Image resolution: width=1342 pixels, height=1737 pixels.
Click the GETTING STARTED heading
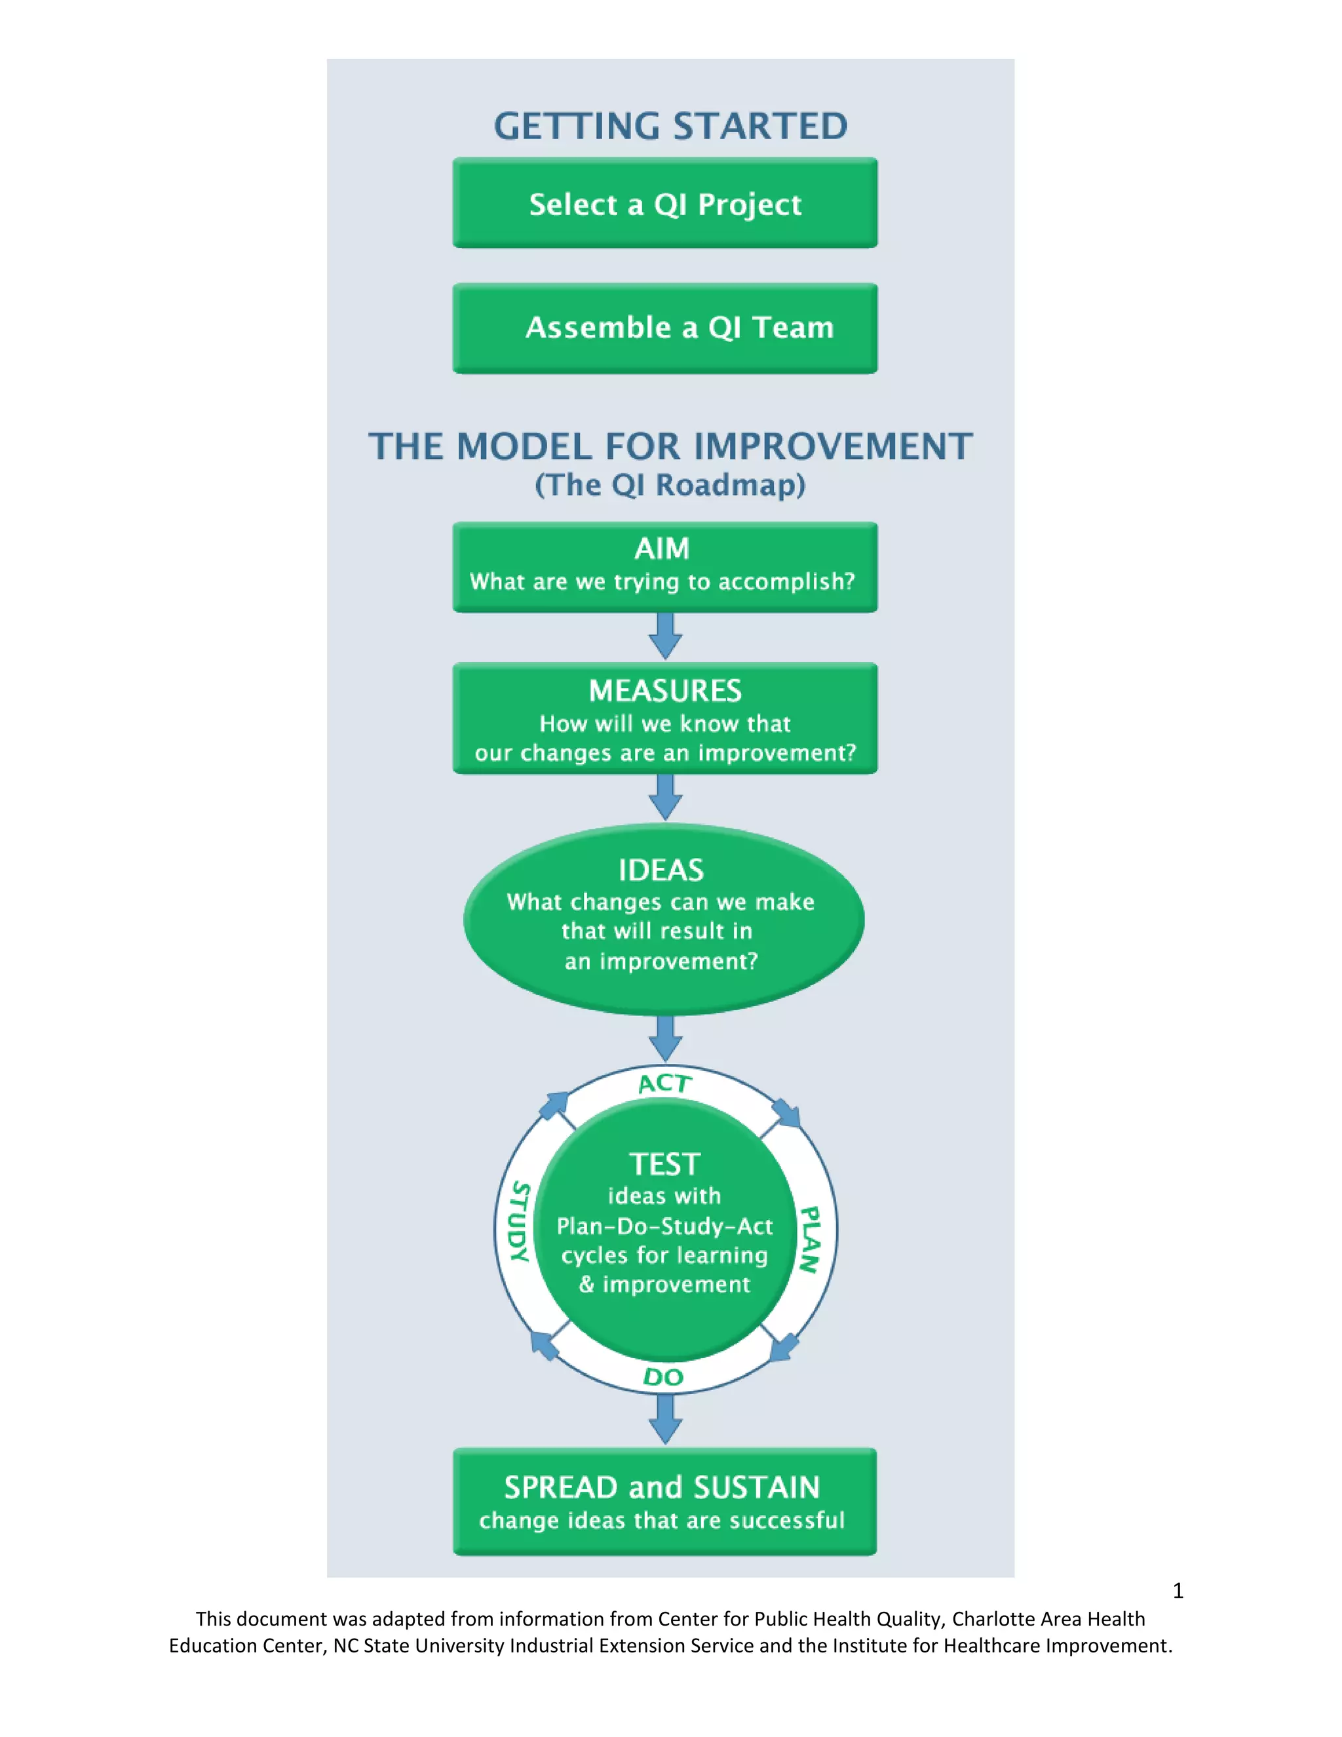point(670,127)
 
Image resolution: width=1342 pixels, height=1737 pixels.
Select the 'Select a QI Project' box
point(664,204)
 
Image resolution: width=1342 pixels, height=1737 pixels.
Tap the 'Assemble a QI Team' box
point(664,328)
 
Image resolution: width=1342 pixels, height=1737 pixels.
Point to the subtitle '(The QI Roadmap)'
point(670,484)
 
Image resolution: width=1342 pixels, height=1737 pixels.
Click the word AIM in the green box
point(661,549)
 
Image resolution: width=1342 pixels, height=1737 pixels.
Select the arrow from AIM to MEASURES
point(666,635)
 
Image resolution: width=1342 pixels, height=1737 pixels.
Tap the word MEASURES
point(664,690)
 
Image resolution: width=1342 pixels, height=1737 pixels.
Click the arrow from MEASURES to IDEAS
point(666,797)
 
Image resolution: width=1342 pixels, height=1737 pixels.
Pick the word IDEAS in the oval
point(661,870)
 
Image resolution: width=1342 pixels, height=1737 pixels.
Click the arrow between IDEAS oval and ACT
point(666,1037)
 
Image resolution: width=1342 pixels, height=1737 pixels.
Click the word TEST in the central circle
point(664,1164)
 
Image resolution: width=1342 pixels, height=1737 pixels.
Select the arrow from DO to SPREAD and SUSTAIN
point(666,1419)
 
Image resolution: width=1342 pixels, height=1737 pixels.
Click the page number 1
point(1178,1591)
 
